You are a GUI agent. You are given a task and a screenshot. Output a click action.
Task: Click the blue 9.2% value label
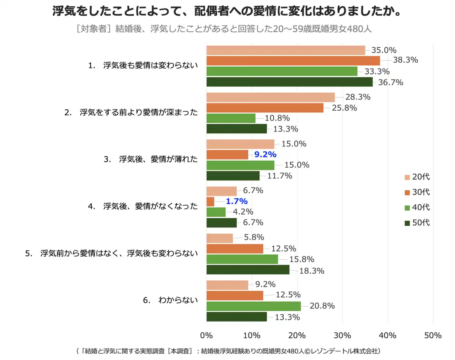pyautogui.click(x=265, y=155)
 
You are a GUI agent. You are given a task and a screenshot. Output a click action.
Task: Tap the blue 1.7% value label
pyautogui.click(x=237, y=201)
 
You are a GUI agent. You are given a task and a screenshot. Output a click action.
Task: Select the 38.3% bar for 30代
pyautogui.click(x=293, y=61)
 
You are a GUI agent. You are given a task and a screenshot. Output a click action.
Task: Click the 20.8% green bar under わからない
pyautogui.click(x=253, y=306)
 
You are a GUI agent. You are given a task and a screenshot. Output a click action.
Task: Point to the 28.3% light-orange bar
pyautogui.click(x=271, y=97)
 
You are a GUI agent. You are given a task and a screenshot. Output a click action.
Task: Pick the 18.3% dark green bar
pyautogui.click(x=248, y=270)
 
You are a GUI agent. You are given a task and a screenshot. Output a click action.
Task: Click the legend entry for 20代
pyautogui.click(x=417, y=177)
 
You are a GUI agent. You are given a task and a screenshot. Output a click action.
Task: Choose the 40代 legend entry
pyautogui.click(x=417, y=208)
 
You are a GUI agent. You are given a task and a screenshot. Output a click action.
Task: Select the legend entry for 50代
pyautogui.click(x=417, y=223)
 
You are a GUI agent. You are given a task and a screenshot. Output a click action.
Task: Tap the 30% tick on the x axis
pyautogui.click(x=342, y=335)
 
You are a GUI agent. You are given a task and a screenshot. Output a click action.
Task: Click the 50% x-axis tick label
pyautogui.click(x=433, y=335)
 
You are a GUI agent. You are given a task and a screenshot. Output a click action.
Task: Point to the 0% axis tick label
pyautogui.click(x=206, y=335)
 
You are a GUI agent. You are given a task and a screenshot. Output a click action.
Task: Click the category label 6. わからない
pyautogui.click(x=170, y=300)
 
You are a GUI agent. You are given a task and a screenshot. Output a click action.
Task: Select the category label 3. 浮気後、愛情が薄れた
pyautogui.click(x=151, y=159)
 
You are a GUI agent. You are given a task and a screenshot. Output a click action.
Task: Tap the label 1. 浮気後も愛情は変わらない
pyautogui.click(x=143, y=65)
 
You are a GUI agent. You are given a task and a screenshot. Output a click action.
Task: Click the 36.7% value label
pyautogui.click(x=390, y=82)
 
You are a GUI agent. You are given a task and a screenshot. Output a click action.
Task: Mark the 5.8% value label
pyautogui.click(x=254, y=237)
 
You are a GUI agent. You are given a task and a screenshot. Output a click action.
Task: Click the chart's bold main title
pyautogui.click(x=227, y=11)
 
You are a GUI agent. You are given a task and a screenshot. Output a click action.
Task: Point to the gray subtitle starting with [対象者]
pyautogui.click(x=224, y=29)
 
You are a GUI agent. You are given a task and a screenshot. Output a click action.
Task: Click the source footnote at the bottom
pyautogui.click(x=228, y=351)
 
